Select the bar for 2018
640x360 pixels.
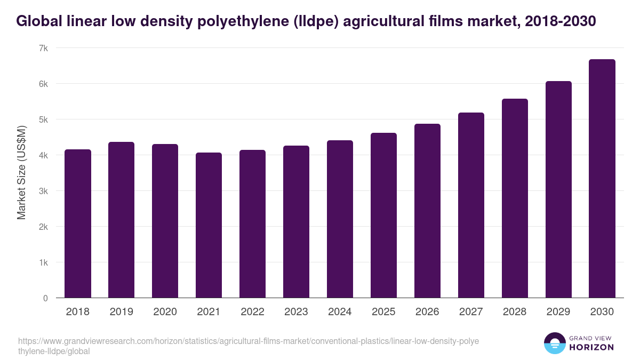(78, 224)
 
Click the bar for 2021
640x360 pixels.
(209, 226)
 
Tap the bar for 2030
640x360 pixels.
(602, 179)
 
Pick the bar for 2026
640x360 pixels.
(427, 211)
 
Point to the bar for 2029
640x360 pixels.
(558, 190)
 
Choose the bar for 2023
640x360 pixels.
(296, 222)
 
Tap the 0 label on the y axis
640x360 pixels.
(45, 298)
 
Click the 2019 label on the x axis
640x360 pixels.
(122, 312)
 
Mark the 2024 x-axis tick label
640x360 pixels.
(340, 312)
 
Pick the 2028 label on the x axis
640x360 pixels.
(515, 312)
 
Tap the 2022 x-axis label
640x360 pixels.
(252, 312)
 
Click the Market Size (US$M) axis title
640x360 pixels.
(22, 173)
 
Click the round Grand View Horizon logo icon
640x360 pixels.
(555, 343)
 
